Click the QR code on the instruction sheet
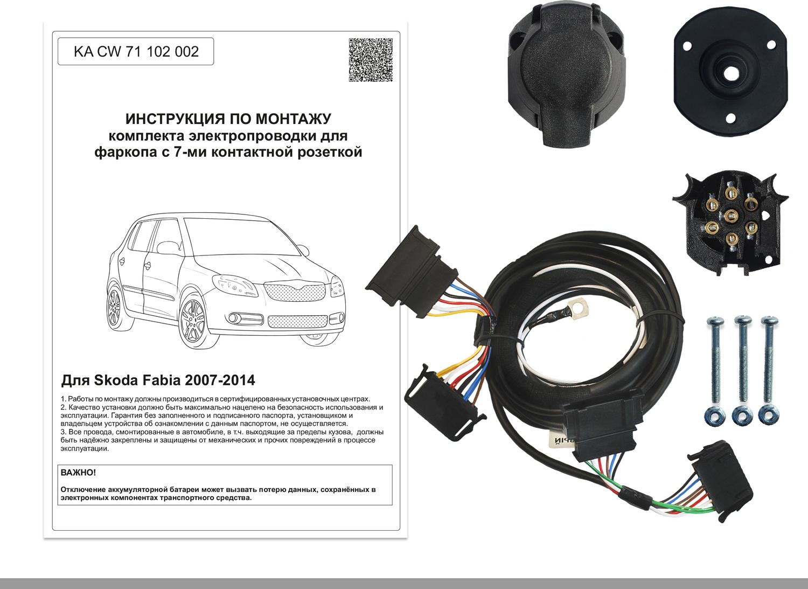(370, 60)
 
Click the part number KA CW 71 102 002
(136, 52)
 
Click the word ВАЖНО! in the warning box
(78, 473)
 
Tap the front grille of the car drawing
(295, 293)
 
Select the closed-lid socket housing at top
(566, 75)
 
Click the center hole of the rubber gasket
(730, 72)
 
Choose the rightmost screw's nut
(768, 415)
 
